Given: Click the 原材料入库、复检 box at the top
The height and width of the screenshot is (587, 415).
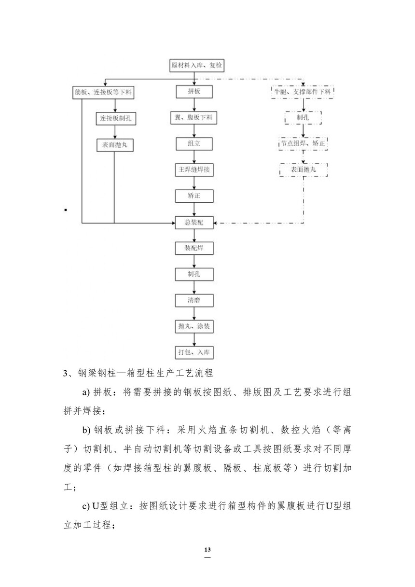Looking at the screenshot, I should click(194, 65).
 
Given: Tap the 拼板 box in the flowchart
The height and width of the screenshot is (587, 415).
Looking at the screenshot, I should click(194, 92).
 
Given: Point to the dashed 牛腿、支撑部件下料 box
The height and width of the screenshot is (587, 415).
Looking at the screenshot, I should click(303, 91).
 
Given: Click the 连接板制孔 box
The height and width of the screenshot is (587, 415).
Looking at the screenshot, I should click(114, 118).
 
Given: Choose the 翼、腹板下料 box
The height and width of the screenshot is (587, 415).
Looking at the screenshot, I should click(194, 118).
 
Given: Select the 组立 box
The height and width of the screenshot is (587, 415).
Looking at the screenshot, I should click(194, 144).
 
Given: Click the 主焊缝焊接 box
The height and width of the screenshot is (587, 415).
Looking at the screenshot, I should click(194, 170).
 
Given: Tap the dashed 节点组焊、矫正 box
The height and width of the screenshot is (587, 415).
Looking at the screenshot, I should click(303, 143).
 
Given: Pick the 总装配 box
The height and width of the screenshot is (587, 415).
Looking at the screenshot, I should click(194, 223).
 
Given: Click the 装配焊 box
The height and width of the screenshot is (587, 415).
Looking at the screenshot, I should click(194, 249).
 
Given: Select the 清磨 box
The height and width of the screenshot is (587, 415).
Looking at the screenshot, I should click(194, 300).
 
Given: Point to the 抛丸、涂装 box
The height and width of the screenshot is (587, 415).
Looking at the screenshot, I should click(194, 326).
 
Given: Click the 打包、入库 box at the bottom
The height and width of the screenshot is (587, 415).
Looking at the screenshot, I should click(194, 352).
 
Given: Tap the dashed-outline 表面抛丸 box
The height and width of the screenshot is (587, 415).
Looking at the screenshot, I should click(303, 170).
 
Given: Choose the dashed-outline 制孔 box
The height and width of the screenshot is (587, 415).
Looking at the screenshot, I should click(303, 117).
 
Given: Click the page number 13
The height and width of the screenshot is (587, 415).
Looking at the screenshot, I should click(208, 550).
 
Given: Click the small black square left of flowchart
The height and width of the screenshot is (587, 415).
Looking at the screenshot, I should click(65, 210).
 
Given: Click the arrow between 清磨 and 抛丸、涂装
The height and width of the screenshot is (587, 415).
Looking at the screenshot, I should click(194, 314).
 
